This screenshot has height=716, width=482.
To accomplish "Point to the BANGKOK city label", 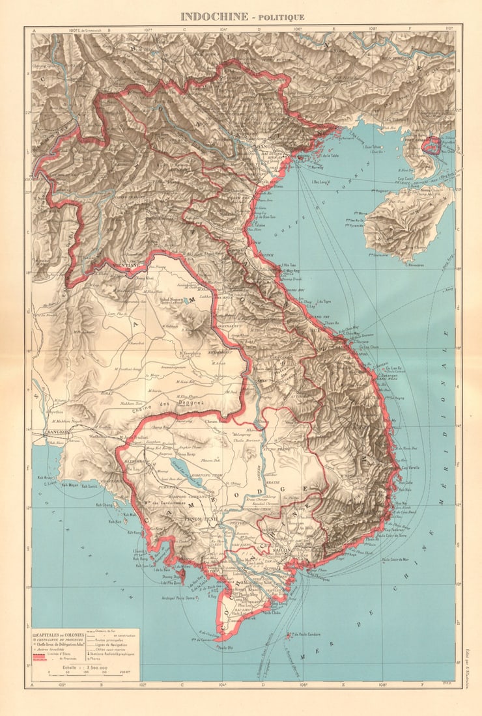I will click(x=59, y=432).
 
